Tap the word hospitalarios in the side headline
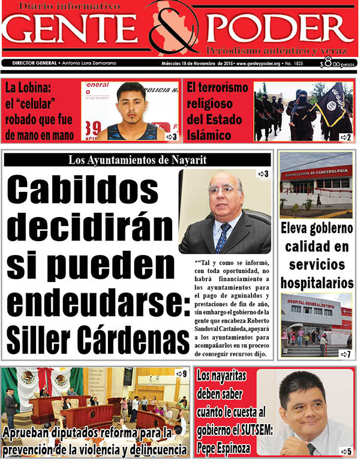[317, 281]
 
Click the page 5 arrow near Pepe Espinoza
[345, 451]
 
